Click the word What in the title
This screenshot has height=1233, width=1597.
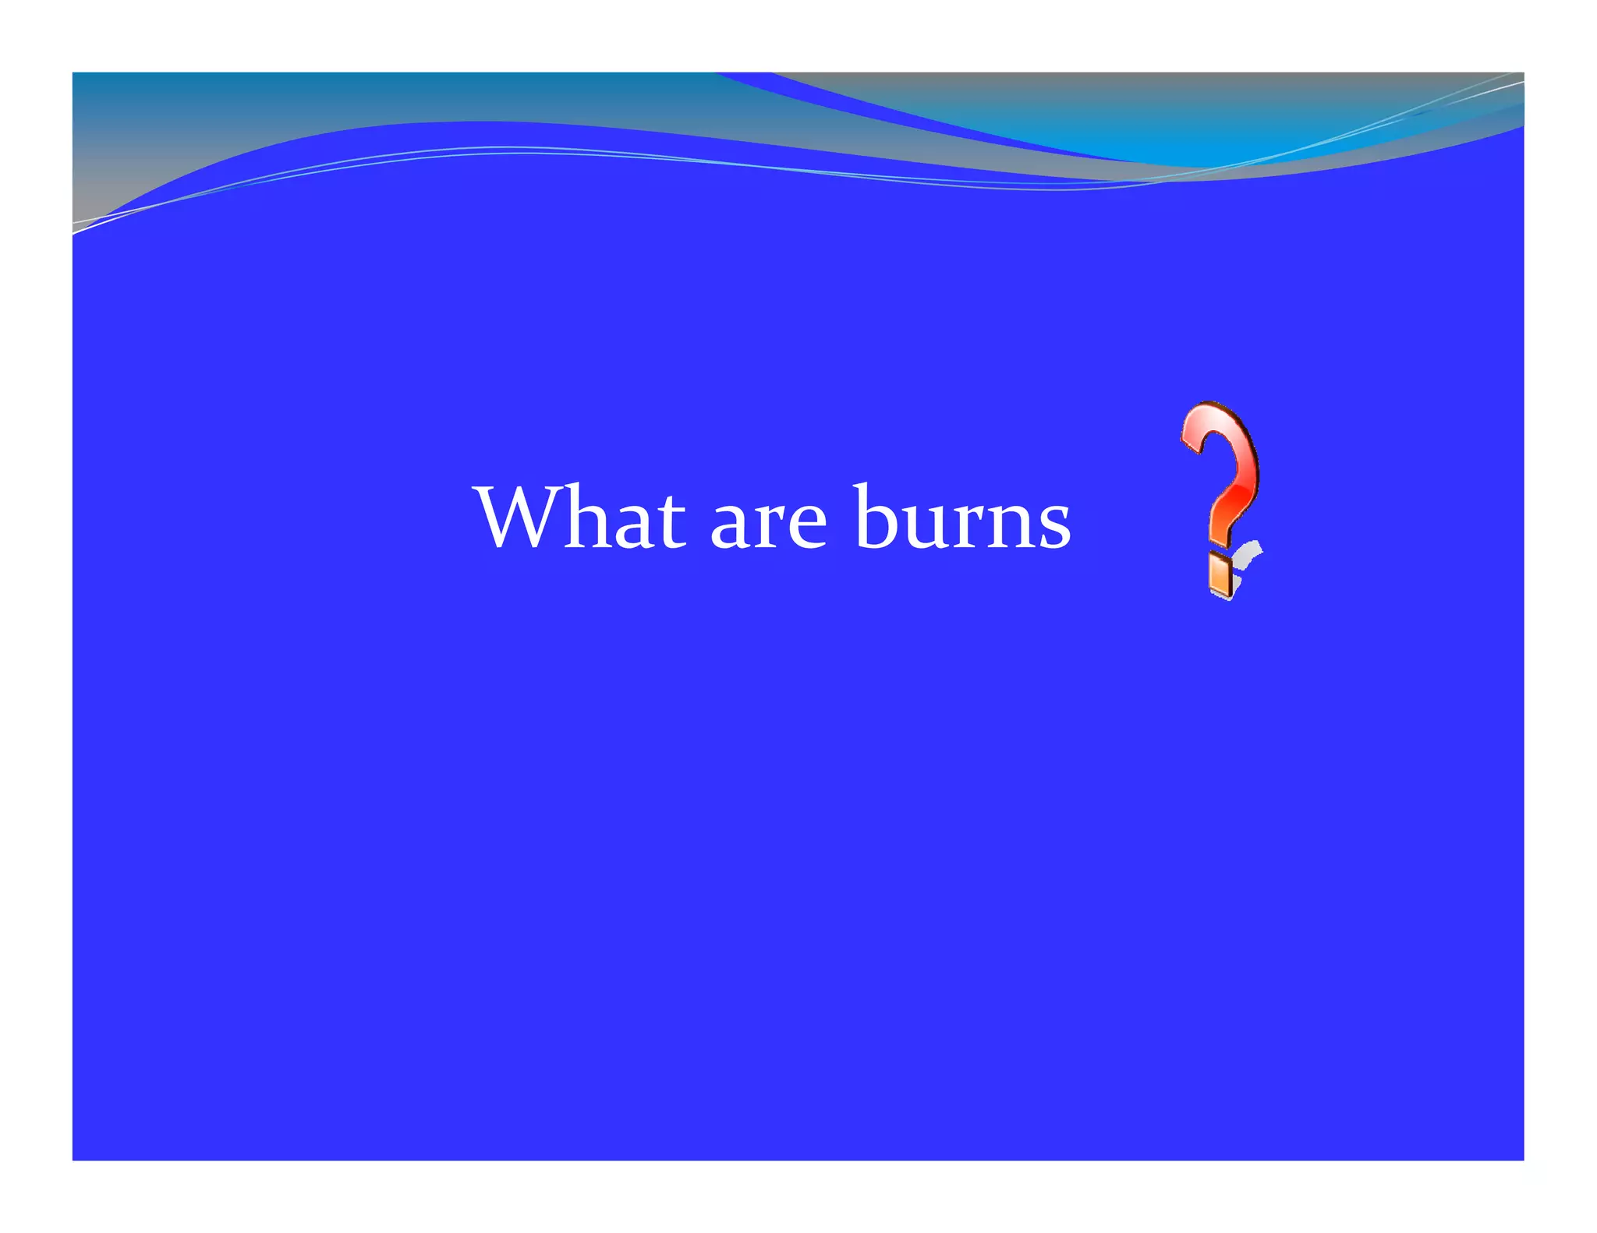click(x=581, y=518)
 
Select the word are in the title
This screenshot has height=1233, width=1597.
click(x=768, y=524)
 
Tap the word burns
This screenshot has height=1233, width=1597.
click(x=962, y=518)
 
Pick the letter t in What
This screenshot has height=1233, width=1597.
click(x=671, y=522)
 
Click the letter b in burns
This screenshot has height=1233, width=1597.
click(x=876, y=518)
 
